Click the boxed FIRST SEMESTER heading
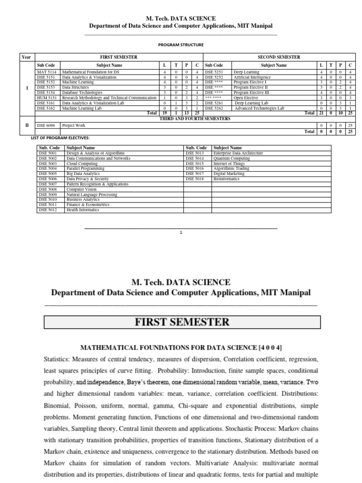182,323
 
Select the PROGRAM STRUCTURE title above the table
181,45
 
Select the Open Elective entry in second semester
246,98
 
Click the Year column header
26,57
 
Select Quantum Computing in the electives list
231,158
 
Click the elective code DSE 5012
49,210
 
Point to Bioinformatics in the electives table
226,179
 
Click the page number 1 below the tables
181,232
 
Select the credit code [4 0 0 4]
270,348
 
